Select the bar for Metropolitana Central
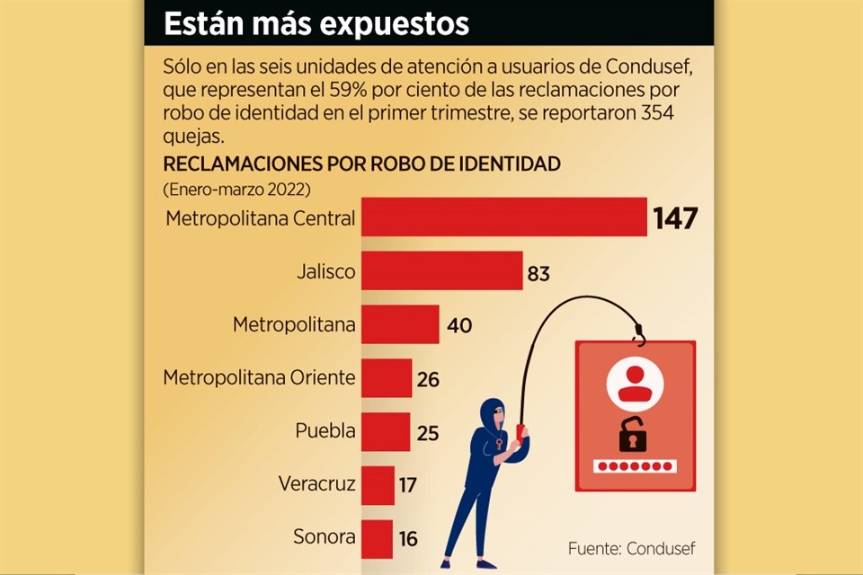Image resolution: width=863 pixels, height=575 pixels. [503, 217]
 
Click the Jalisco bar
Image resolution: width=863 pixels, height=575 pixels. [441, 271]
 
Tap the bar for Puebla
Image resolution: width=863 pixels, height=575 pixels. [386, 432]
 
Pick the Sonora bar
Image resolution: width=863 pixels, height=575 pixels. [377, 538]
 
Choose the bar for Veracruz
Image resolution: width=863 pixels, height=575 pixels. [378, 485]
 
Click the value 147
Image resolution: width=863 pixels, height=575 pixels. [676, 218]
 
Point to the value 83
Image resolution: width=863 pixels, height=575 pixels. [538, 273]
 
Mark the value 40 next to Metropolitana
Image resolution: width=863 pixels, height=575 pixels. [459, 325]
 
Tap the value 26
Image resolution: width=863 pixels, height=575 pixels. [428, 379]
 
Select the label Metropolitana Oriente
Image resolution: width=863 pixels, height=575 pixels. [259, 377]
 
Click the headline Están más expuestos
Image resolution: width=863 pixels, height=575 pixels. [316, 24]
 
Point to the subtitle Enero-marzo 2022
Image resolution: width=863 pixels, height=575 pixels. [236, 190]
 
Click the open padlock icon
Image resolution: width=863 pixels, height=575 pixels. [634, 437]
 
